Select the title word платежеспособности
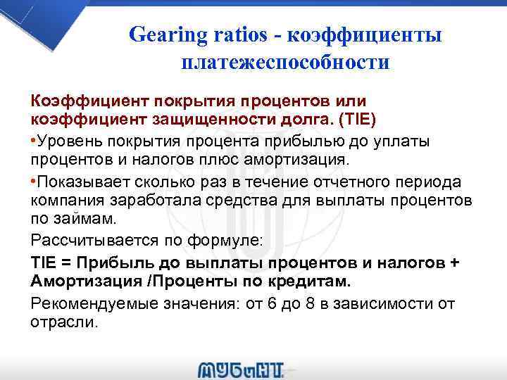pyautogui.click(x=284, y=63)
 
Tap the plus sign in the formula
pyautogui.click(x=454, y=262)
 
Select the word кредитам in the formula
pyautogui.click(x=311, y=281)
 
